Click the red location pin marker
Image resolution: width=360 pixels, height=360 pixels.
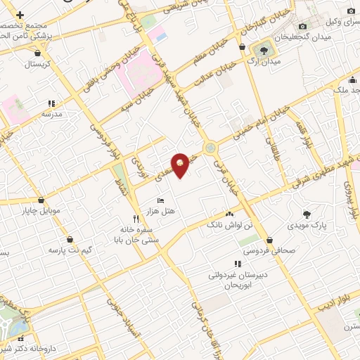pyautogui.click(x=181, y=165)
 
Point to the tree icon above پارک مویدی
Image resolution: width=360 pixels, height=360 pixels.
pyautogui.click(x=307, y=214)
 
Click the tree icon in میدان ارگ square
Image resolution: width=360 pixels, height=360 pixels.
pyautogui.click(x=264, y=50)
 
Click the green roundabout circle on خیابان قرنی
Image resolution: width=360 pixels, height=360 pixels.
pyautogui.click(x=210, y=148)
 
